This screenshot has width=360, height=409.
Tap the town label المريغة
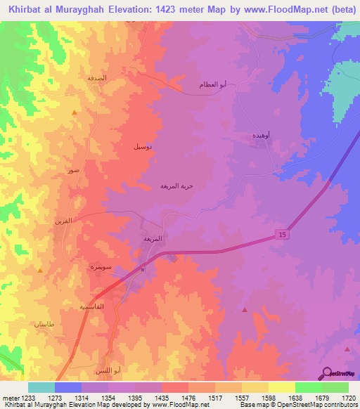(x=153, y=238)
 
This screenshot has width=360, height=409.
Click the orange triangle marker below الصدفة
(x=75, y=112)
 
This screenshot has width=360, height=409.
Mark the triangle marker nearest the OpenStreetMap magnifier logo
(x=347, y=348)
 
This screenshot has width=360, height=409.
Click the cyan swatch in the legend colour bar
(x=41, y=387)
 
